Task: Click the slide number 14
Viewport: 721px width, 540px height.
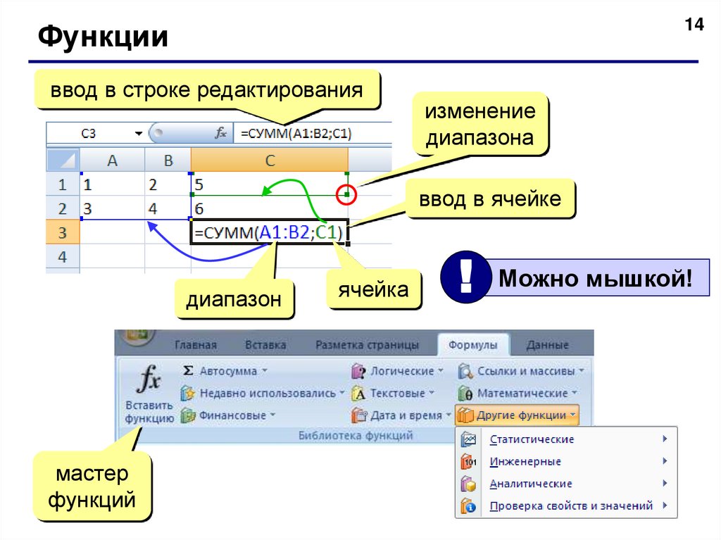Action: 694,25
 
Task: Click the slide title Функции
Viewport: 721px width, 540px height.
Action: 103,37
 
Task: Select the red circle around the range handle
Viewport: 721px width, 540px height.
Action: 346,194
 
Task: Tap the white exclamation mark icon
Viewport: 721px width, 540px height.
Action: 465,277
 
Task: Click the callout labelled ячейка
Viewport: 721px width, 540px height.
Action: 373,289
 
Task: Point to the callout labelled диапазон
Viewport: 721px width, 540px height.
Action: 234,300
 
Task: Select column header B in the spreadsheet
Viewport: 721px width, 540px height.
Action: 168,161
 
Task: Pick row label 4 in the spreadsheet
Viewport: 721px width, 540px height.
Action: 63,256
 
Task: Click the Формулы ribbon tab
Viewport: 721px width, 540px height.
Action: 472,345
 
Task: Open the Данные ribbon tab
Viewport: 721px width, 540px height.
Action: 548,345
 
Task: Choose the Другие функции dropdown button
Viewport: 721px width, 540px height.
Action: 518,415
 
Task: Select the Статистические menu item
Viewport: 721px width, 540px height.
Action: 532,439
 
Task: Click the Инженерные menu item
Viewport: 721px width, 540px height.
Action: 525,462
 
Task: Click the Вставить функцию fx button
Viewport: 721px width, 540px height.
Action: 149,396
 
